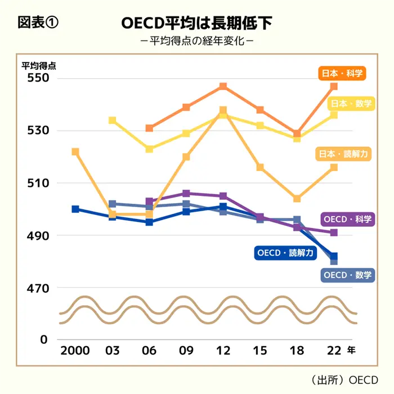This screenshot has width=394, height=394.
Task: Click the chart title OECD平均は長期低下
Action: [x=197, y=23]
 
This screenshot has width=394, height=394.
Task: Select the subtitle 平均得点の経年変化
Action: [x=196, y=42]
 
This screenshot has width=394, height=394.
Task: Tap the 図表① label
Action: [x=38, y=23]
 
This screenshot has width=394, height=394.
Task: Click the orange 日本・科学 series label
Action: [x=342, y=73]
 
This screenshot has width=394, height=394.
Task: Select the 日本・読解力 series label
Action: [x=343, y=153]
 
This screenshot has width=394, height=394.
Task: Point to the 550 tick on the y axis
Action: [x=38, y=78]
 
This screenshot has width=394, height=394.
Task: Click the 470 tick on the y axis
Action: [x=38, y=288]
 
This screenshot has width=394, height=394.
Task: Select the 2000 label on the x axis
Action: [x=75, y=350]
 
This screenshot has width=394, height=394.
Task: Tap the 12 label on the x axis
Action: [x=223, y=350]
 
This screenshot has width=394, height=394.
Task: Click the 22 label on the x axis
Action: [x=334, y=350]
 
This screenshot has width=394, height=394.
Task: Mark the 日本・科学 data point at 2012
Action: [x=223, y=87]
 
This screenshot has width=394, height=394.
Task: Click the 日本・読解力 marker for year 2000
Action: [x=75, y=152]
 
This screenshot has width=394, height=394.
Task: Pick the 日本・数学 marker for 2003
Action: [x=112, y=120]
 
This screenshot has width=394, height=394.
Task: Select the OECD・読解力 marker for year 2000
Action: [x=75, y=209]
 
